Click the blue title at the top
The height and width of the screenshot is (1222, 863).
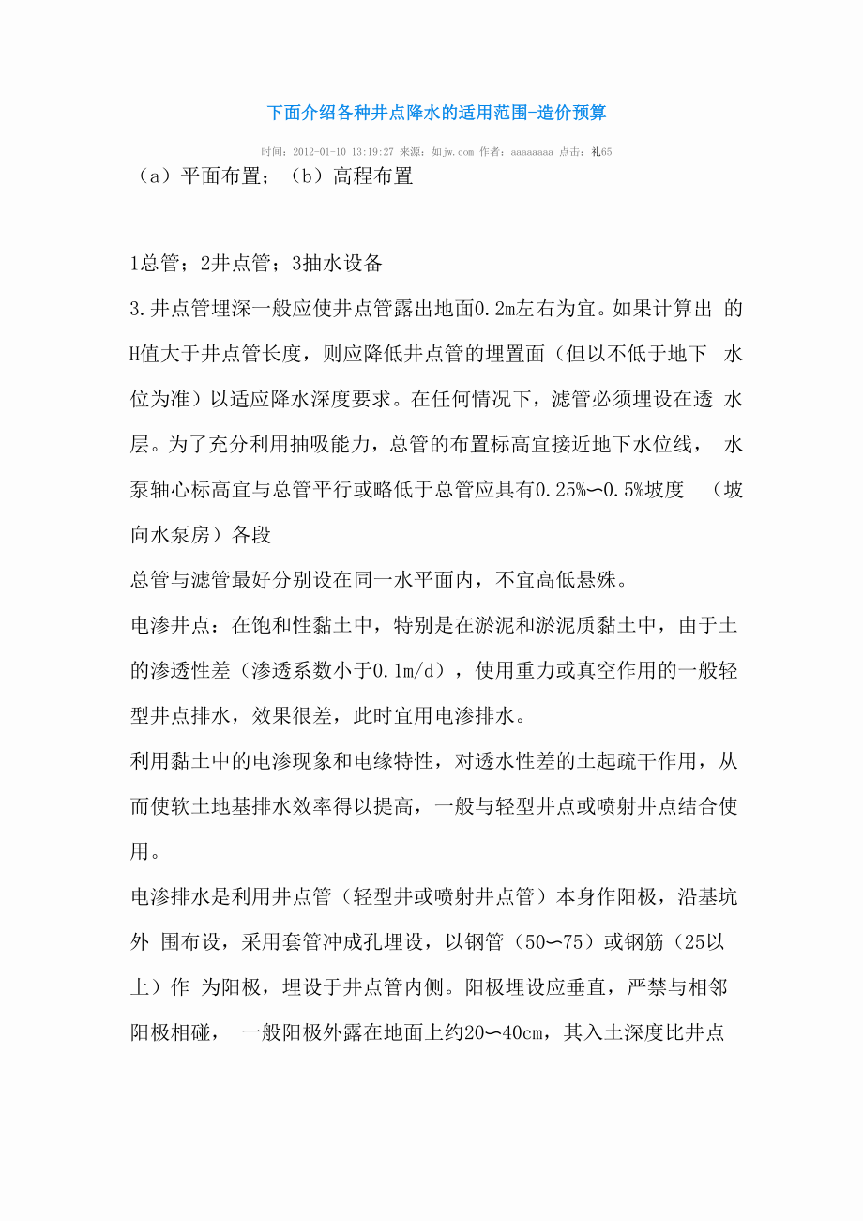click(436, 113)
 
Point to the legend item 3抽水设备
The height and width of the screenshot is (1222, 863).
click(337, 265)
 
